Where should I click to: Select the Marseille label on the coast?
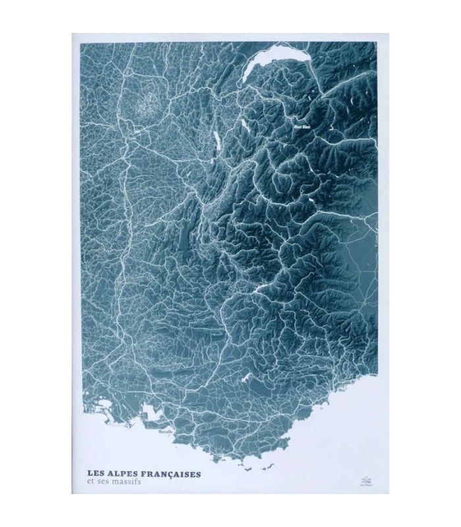tap(165, 431)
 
